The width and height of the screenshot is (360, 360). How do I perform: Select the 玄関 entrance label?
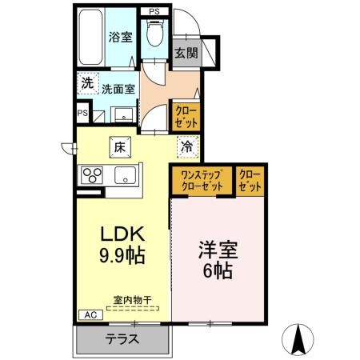(186, 53)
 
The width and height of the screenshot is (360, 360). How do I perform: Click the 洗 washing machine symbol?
(86, 82)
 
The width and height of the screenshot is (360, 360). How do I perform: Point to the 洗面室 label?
(118, 89)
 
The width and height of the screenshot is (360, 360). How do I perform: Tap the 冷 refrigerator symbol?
(186, 146)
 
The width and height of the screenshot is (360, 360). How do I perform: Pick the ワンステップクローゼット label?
(201, 181)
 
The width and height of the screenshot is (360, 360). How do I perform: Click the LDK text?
(121, 234)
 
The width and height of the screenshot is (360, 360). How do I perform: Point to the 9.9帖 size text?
(121, 257)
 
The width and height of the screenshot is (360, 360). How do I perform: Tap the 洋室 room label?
(218, 250)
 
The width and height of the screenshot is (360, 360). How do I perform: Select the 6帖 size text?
(218, 271)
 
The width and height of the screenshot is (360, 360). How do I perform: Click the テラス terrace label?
(122, 338)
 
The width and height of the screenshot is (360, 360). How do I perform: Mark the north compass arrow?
(299, 338)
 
